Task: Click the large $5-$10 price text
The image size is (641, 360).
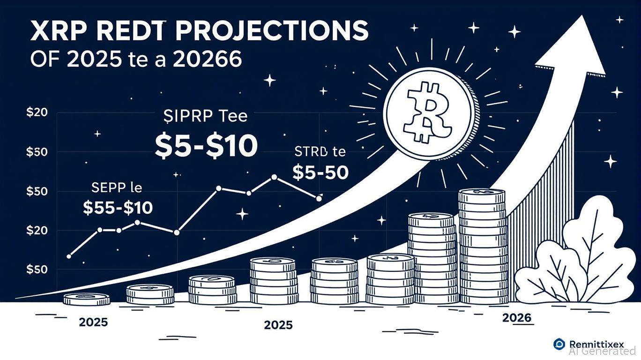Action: pyautogui.click(x=206, y=146)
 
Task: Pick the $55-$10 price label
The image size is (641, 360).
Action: pyautogui.click(x=118, y=207)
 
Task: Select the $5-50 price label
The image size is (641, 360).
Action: pyautogui.click(x=320, y=173)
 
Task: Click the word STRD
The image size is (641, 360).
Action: pyautogui.click(x=308, y=152)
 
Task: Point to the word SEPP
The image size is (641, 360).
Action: pyautogui.click(x=107, y=188)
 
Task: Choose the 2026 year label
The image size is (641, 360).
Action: pyautogui.click(x=517, y=318)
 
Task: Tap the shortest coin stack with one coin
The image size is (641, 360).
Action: pyautogui.click(x=87, y=299)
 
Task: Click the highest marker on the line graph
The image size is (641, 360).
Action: pyautogui.click(x=274, y=177)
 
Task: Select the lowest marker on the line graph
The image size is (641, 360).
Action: pyautogui.click(x=69, y=256)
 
